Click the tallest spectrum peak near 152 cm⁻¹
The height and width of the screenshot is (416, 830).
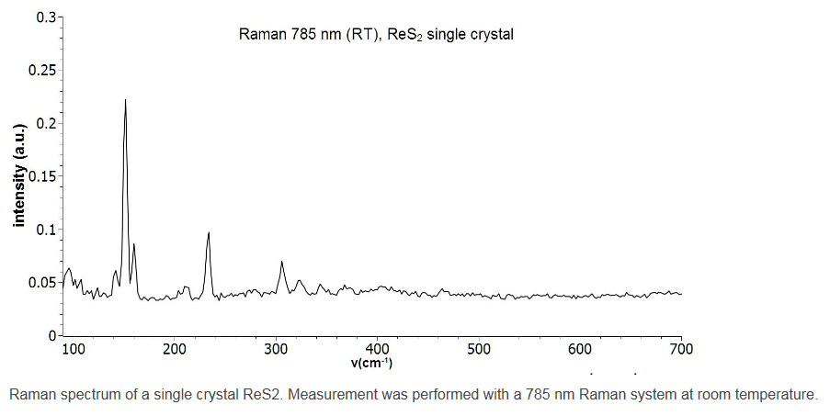coord(125,100)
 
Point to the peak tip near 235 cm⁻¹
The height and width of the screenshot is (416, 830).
coord(209,233)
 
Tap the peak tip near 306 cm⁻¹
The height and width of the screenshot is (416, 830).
coord(281,262)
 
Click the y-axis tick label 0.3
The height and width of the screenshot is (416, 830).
coord(47,17)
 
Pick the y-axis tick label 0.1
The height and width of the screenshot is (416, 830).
coord(47,229)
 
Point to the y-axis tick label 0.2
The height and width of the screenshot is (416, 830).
coord(47,123)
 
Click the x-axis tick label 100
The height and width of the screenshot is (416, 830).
coord(73,349)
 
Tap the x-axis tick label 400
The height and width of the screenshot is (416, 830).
coord(377,349)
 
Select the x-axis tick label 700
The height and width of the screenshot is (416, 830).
coord(681,349)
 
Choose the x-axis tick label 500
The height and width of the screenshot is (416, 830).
coord(478,349)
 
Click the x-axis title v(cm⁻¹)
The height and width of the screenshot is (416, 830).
coord(371,363)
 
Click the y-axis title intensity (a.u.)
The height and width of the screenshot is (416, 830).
coord(17,175)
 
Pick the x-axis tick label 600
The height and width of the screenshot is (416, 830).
coord(580,349)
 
